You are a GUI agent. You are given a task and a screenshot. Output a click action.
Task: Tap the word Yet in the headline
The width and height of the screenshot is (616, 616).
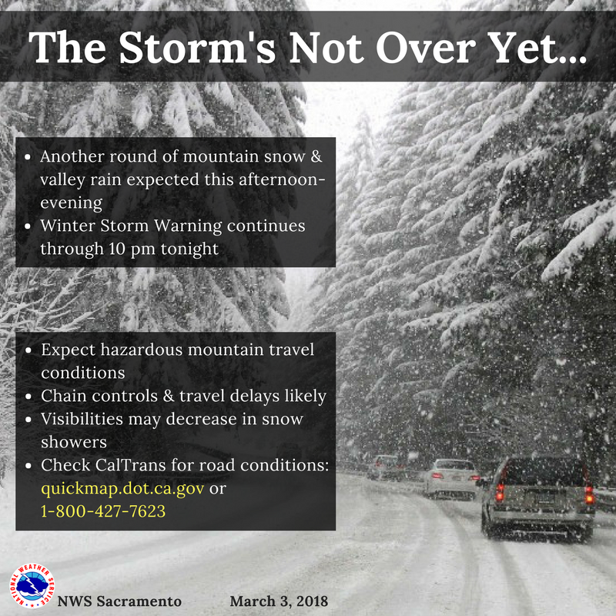pyautogui.click(x=531, y=47)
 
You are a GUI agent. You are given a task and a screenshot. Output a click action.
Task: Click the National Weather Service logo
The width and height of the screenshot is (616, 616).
pyautogui.click(x=32, y=586)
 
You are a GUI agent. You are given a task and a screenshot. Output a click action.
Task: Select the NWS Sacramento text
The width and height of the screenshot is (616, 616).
pyautogui.click(x=119, y=601)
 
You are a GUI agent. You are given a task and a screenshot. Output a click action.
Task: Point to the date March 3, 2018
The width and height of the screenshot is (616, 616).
pyautogui.click(x=279, y=601)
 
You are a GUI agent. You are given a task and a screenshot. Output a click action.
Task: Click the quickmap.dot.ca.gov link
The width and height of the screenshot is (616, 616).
pyautogui.click(x=122, y=489)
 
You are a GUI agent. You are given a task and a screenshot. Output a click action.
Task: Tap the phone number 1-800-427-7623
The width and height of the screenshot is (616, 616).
pyautogui.click(x=103, y=511)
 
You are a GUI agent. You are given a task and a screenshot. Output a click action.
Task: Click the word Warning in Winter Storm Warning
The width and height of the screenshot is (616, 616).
pyautogui.click(x=188, y=226)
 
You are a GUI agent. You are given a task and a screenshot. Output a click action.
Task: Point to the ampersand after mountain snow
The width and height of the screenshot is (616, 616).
pyautogui.click(x=316, y=156)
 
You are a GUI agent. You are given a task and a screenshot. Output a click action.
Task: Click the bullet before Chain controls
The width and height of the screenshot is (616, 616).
pyautogui.click(x=28, y=397)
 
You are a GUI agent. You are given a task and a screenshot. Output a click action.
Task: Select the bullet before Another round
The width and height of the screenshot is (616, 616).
pyautogui.click(x=28, y=157)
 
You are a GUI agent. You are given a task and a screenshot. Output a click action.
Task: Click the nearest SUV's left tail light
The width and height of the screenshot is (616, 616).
pyautogui.click(x=500, y=492)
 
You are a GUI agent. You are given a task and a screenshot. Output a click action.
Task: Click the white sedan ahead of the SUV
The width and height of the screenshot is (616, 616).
pyautogui.click(x=452, y=479)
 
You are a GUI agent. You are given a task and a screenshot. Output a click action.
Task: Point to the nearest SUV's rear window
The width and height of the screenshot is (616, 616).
pyautogui.click(x=544, y=471)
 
